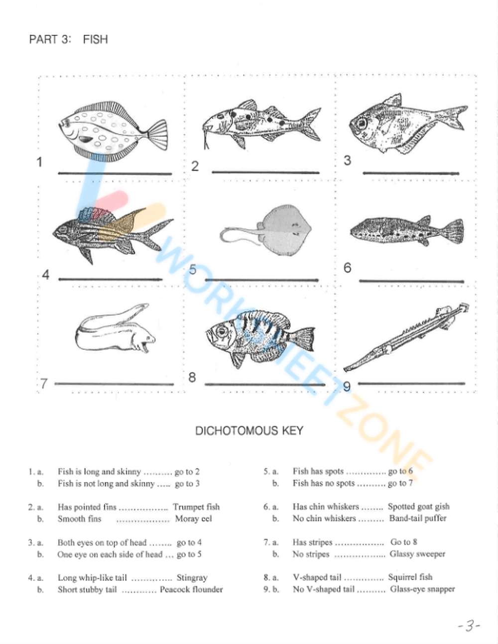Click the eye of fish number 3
pyautogui.click(x=361, y=122)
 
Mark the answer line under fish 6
pyautogui.click(x=411, y=282)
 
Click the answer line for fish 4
pyautogui.click(x=110, y=279)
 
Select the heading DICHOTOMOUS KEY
pyautogui.click(x=249, y=431)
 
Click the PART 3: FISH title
pyautogui.click(x=68, y=39)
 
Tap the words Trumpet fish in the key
pyautogui.click(x=196, y=507)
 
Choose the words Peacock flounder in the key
pyautogui.click(x=191, y=590)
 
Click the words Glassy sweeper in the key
pyautogui.click(x=417, y=554)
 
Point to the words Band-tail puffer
pyautogui.click(x=418, y=519)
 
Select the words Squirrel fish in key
pyautogui.click(x=410, y=577)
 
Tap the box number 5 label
pyautogui.click(x=193, y=270)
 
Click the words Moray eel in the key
pyautogui.click(x=194, y=519)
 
